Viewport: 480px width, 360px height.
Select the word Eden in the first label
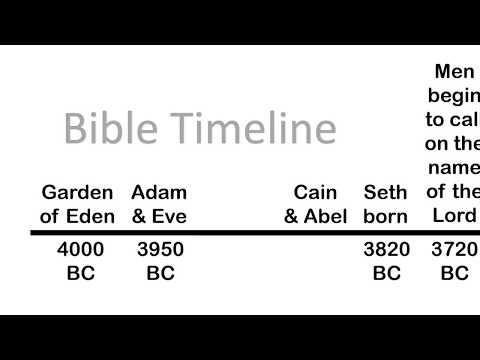(91, 215)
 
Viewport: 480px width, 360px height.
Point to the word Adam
(159, 192)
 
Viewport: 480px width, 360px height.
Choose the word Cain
(315, 192)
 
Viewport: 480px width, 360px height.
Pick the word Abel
(326, 215)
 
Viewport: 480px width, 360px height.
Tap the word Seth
(385, 192)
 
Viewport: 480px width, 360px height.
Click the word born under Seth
(385, 215)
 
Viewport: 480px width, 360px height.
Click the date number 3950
(159, 250)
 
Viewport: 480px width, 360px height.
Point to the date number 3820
(385, 250)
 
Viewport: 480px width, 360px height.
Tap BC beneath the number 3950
(159, 272)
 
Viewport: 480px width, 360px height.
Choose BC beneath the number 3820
(385, 272)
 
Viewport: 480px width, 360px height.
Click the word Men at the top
(456, 72)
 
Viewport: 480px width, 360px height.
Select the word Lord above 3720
(455, 215)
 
